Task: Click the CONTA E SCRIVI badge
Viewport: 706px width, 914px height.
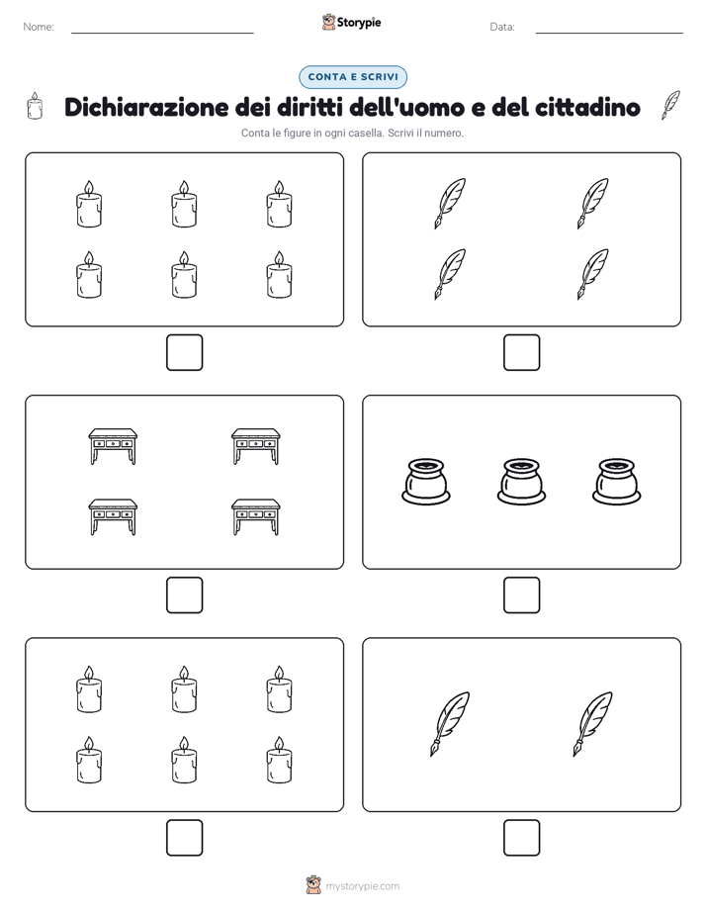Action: (353, 77)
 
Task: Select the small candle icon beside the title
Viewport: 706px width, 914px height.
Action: (35, 106)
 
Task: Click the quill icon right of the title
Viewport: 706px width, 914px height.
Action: (670, 105)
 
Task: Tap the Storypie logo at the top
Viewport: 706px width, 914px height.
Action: (352, 22)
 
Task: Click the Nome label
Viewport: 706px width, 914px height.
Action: (39, 27)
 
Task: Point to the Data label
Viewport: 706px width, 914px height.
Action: (502, 27)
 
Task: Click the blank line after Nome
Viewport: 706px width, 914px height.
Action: (162, 33)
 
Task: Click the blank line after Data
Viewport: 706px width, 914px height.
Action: (609, 33)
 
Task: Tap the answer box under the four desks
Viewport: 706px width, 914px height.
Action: (185, 595)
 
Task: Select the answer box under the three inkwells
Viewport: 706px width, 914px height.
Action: (522, 595)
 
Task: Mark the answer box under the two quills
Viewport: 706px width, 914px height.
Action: (522, 838)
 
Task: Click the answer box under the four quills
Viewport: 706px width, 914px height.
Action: (522, 353)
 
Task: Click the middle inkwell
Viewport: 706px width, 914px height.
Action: (521, 482)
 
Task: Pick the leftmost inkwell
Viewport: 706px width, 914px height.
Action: (426, 482)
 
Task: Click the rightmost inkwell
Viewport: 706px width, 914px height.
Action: (617, 482)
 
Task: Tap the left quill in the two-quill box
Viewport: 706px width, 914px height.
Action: (450, 724)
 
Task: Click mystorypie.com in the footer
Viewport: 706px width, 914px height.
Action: (362, 886)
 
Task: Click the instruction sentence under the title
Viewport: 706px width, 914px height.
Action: (352, 133)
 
